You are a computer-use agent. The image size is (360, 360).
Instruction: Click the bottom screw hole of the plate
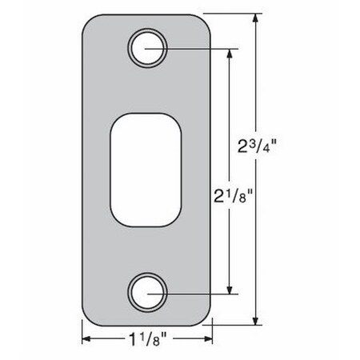click(x=148, y=292)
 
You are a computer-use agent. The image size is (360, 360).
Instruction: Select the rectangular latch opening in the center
click(x=147, y=169)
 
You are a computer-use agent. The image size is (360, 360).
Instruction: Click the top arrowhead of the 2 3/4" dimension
click(x=255, y=18)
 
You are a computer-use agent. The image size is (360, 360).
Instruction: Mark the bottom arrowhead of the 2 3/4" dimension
click(x=255, y=324)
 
